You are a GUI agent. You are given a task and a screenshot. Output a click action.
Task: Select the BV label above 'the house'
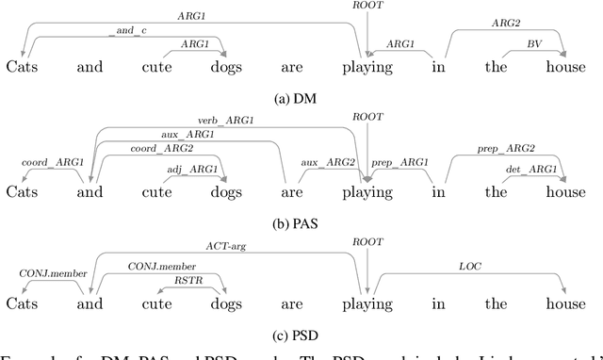(534, 43)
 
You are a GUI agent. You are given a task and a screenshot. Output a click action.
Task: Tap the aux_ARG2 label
(322, 163)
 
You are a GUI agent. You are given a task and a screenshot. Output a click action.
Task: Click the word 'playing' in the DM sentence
(367, 68)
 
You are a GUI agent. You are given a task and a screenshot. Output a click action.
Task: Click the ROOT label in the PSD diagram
(364, 241)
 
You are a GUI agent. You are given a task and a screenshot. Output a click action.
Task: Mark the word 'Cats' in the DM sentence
(24, 68)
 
